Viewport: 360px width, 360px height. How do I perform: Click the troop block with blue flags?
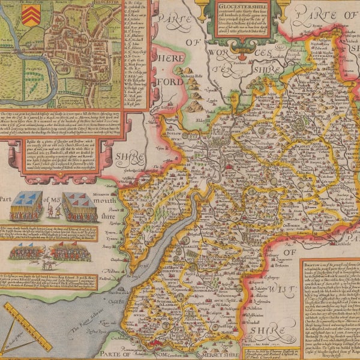click(x=26, y=207)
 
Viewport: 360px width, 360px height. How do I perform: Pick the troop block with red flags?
click(x=79, y=207)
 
